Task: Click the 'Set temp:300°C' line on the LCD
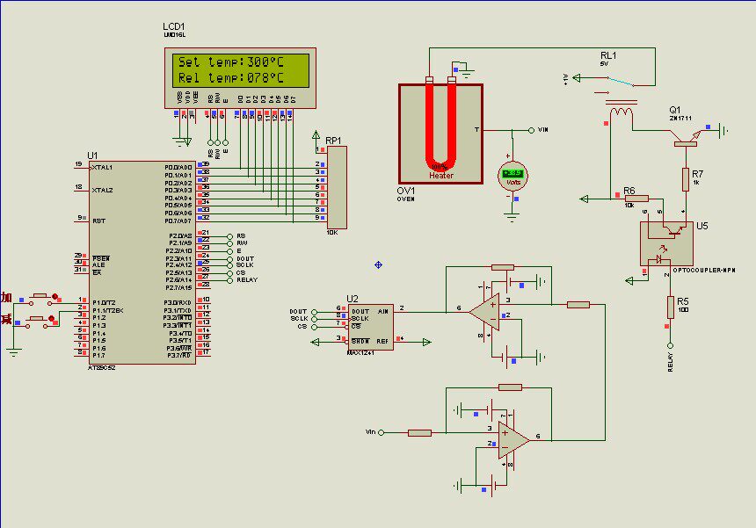click(x=231, y=62)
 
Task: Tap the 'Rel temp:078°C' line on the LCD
click(x=231, y=78)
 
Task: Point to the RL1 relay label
click(x=608, y=55)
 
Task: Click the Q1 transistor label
click(x=674, y=110)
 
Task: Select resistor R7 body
click(x=685, y=179)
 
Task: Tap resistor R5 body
click(x=670, y=307)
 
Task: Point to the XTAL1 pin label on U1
click(x=102, y=166)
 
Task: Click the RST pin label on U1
click(x=99, y=221)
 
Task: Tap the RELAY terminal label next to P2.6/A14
click(x=247, y=280)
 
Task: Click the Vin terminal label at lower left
click(x=370, y=432)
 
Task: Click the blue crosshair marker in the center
click(x=379, y=264)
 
